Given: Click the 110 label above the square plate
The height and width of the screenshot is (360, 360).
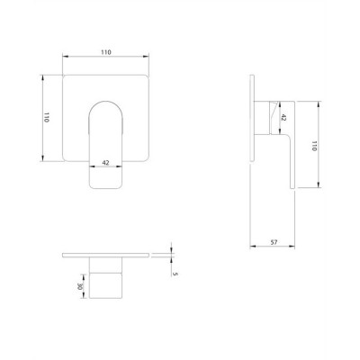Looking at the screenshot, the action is (105, 52).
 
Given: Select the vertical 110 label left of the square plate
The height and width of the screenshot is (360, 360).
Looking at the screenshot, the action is (46, 117).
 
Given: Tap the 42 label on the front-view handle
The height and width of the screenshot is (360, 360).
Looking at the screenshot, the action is (105, 163).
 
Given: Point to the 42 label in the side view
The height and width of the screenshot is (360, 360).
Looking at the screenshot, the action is (283, 117).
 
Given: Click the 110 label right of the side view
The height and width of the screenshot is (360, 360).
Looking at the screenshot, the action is (314, 146).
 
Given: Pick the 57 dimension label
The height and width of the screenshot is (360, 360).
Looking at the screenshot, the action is (274, 242).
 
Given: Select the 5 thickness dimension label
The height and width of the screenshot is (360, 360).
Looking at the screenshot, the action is (176, 274).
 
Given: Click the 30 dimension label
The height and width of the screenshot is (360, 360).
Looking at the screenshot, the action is (80, 286).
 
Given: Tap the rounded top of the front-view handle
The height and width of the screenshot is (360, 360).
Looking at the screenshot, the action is (105, 102).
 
